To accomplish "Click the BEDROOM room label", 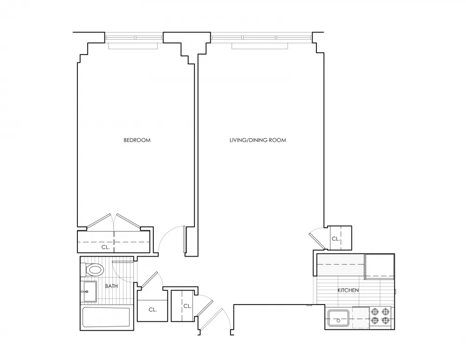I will tap(137, 140).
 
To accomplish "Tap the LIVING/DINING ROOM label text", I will tap(257, 140).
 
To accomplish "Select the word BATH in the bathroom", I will tap(111, 286).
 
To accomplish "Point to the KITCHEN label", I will tap(348, 290).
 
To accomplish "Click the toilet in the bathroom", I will tap(94, 270).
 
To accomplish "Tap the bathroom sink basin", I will tap(89, 292).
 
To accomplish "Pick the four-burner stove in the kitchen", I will tap(380, 316).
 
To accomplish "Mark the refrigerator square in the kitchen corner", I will tap(379, 266).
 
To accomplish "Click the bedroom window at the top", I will tap(134, 37).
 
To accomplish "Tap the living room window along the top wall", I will tap(261, 37).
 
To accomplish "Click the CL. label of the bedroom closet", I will tap(106, 247).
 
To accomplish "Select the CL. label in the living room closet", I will tap(336, 238).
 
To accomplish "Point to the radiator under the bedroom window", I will tap(134, 46).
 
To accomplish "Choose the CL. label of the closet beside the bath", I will tap(152, 309).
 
